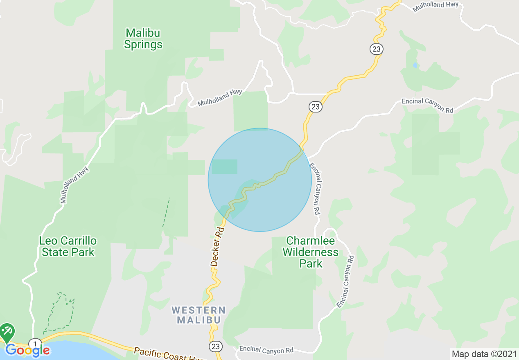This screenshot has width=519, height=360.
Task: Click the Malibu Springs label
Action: point(143,38)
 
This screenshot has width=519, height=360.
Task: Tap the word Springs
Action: point(143,44)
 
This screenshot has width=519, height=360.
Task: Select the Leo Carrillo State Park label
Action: point(68,246)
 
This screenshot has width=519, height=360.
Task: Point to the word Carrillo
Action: point(79,240)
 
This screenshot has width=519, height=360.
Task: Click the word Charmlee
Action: point(311,241)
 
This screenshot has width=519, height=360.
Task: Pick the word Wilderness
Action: point(311,252)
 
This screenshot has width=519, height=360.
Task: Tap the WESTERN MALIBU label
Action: point(199,315)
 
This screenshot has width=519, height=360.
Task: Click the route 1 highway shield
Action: point(35,344)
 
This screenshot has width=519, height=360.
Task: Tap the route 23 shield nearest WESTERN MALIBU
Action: point(216,346)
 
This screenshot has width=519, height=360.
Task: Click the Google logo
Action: point(27,350)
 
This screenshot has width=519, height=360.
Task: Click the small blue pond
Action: point(416,65)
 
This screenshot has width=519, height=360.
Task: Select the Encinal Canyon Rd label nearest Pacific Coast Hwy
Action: point(266,350)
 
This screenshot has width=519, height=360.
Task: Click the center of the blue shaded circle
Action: point(260,180)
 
